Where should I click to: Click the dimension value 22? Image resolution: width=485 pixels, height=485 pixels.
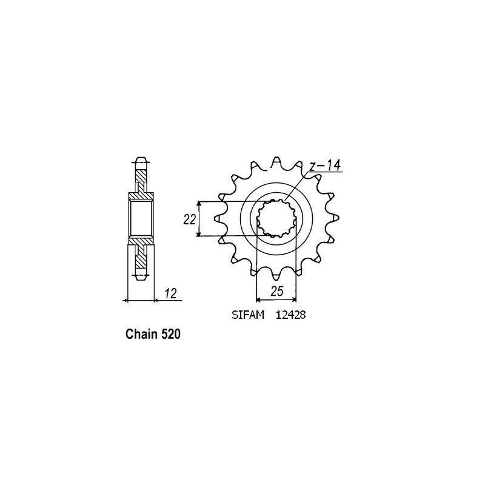pos(189,219)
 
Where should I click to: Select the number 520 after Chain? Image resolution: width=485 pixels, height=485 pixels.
pos(170,334)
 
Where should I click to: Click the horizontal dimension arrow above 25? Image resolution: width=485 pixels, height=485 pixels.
pos(276,299)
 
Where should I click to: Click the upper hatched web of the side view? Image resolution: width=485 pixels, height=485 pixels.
pos(140,181)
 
